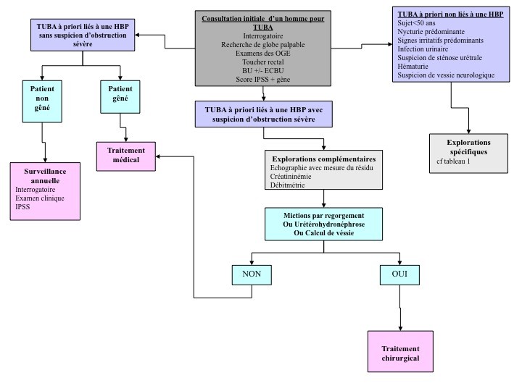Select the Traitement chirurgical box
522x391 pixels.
(400, 353)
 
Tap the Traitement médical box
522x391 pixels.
(128, 154)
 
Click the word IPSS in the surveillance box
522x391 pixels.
(24, 207)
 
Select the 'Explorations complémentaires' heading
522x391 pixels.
(323, 158)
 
